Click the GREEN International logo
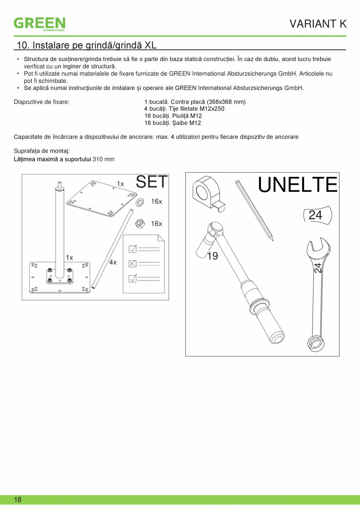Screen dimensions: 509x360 [x=40, y=23]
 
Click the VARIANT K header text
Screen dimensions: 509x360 [x=318, y=24]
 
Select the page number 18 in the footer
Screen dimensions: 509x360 [x=18, y=500]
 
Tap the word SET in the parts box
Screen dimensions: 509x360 [x=152, y=182]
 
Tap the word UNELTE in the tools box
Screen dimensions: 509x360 [x=297, y=185]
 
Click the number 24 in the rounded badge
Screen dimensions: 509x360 [x=315, y=215]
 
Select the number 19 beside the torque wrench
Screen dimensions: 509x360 [x=212, y=256]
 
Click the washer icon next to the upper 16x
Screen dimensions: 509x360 [x=139, y=202]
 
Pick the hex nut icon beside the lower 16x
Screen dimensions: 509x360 [x=139, y=224]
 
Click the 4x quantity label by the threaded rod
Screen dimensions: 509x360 [x=113, y=262]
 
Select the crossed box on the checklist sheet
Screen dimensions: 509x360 [x=133, y=264]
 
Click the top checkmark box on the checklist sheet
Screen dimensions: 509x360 [x=133, y=249]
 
